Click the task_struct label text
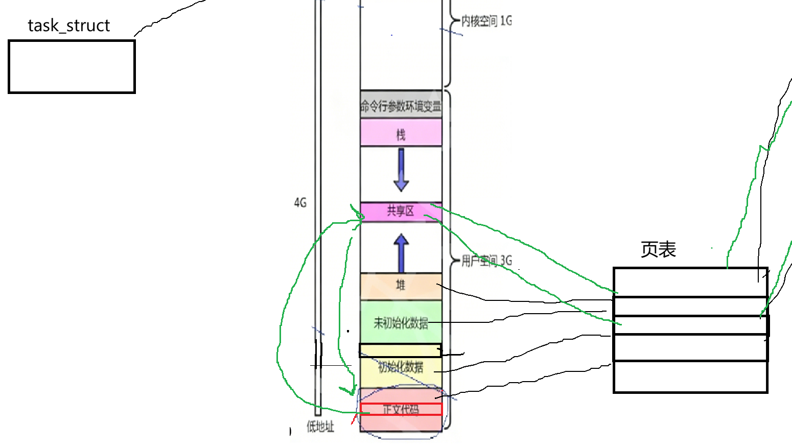(x=68, y=26)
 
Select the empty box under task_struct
(x=72, y=67)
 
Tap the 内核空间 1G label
(x=486, y=21)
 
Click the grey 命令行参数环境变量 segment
(x=401, y=106)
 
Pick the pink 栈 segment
(x=401, y=134)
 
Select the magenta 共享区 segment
(x=401, y=211)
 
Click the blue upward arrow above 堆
(x=401, y=253)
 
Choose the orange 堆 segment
(x=401, y=286)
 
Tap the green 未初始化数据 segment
(x=401, y=322)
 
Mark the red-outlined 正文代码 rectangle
(x=401, y=409)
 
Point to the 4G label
(x=300, y=203)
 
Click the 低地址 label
(x=320, y=427)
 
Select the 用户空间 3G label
(x=486, y=261)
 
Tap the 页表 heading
(x=658, y=250)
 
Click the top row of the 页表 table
(x=690, y=282)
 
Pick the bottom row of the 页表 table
(x=690, y=377)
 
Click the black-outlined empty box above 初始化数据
(x=400, y=350)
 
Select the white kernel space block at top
(x=401, y=46)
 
